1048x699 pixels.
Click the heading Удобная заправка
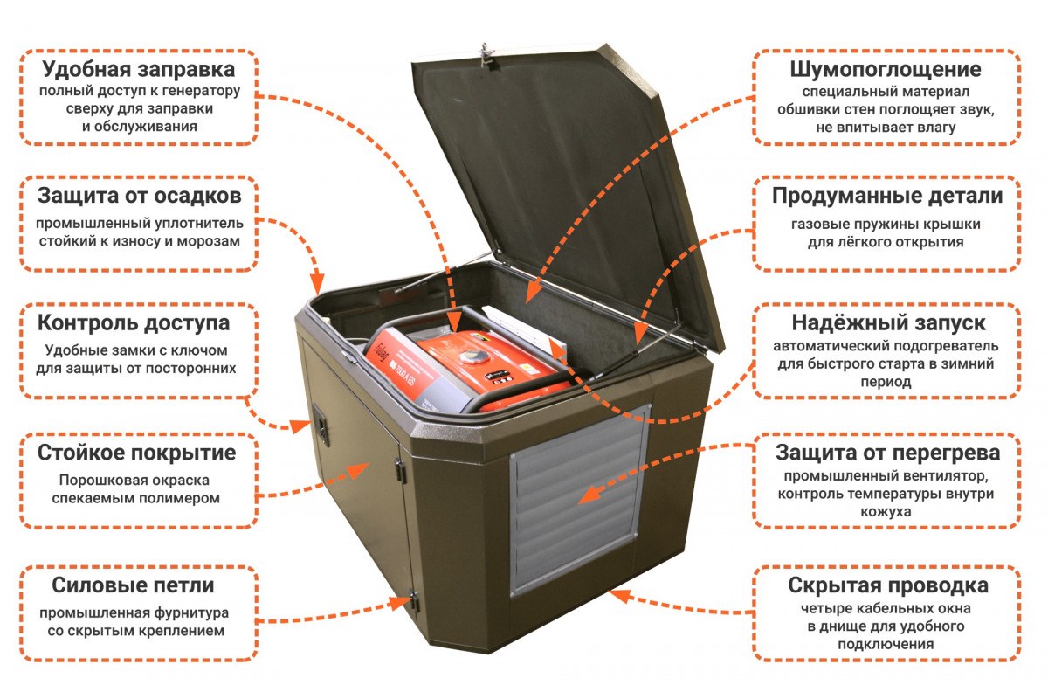point(139,70)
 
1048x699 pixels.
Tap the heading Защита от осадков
point(140,197)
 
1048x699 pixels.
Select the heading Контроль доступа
point(134,323)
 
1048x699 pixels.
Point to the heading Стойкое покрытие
point(136,453)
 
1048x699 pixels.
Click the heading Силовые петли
point(133,585)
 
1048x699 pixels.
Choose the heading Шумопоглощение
point(886,70)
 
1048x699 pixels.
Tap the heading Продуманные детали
point(887,197)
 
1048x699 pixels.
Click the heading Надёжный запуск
point(888,323)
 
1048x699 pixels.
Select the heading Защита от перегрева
point(888,453)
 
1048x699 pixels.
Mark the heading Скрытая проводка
point(888,585)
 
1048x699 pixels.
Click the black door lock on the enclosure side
point(321,426)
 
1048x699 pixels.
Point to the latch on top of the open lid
point(486,56)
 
